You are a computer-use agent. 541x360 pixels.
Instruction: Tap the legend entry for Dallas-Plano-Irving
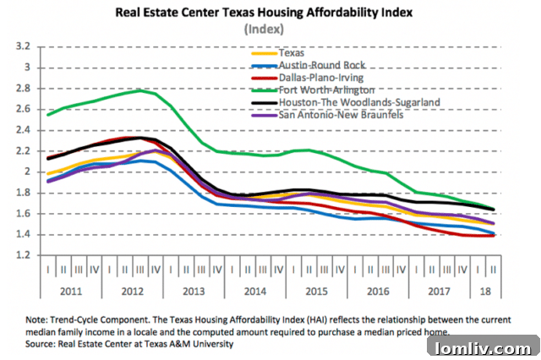tap(321, 77)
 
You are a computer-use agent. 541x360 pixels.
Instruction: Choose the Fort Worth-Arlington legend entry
tap(326, 89)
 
